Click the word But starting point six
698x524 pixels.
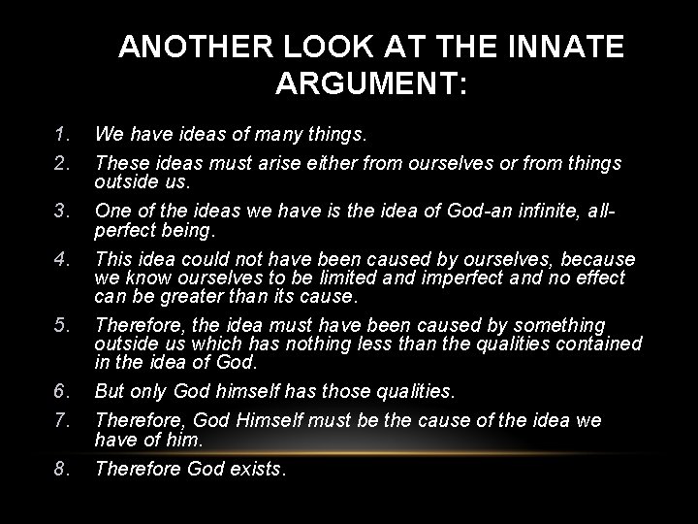point(110,391)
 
